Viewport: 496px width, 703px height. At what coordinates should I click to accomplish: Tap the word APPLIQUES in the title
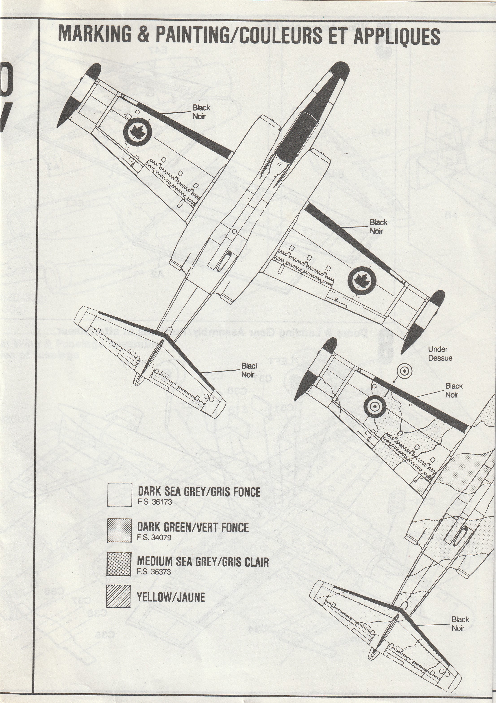pyautogui.click(x=397, y=36)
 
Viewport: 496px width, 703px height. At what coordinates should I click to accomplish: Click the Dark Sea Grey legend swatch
pyautogui.click(x=120, y=494)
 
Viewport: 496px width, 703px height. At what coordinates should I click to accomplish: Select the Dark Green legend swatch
pyautogui.click(x=119, y=531)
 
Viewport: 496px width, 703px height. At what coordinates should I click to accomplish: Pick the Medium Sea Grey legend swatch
pyautogui.click(x=119, y=564)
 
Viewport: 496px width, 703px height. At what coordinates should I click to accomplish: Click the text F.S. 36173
pyautogui.click(x=155, y=502)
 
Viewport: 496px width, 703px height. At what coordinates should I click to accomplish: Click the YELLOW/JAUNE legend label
pyautogui.click(x=171, y=597)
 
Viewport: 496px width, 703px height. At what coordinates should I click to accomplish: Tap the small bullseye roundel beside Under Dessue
pyautogui.click(x=404, y=371)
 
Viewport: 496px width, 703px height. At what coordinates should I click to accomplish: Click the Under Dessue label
pyautogui.click(x=440, y=354)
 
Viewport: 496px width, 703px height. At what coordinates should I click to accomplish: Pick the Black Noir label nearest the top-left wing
pyautogui.click(x=201, y=112)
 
